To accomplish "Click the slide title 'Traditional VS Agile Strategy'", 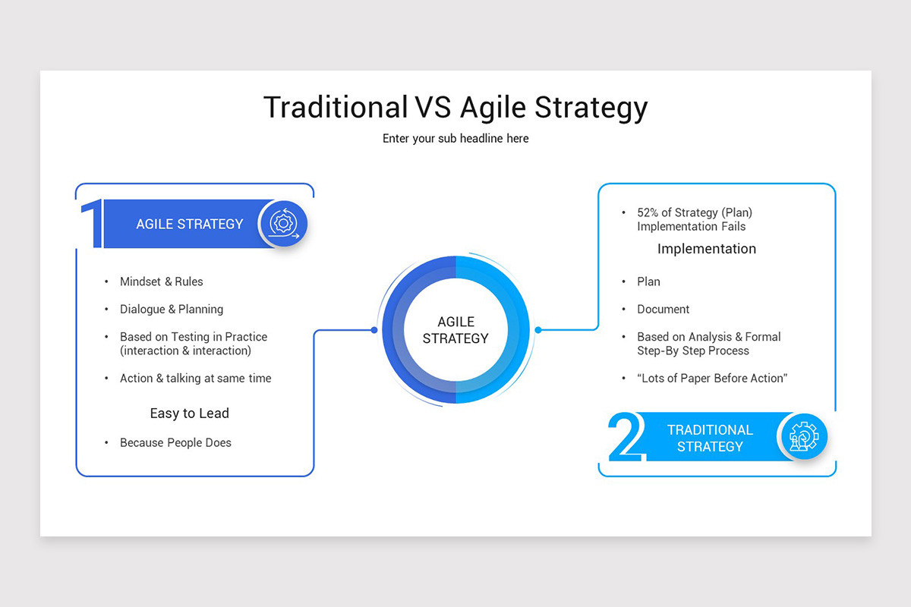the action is pos(455,108).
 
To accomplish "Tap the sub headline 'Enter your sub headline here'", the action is pos(455,139).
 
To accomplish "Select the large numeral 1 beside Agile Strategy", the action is pos(92,223).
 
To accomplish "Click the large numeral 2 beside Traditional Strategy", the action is pos(626,436).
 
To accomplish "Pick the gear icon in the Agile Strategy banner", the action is pos(284,223).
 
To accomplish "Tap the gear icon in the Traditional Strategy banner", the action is pos(804,436).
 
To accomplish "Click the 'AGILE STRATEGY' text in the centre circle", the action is pos(455,330).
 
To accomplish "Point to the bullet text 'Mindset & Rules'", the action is pos(162,281).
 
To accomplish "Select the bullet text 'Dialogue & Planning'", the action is pos(172,310).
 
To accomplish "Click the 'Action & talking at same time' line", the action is pos(196,379).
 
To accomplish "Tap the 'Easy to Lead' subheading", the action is pos(190,414).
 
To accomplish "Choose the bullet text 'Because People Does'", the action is pos(175,443).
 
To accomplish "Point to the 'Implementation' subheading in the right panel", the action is pos(707,249).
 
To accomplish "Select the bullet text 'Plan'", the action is pos(648,281).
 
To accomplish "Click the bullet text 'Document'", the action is pos(664,310).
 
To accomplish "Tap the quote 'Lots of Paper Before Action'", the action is pos(712,379).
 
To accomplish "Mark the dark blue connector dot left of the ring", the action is pos(374,330).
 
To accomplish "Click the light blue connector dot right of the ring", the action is pos(538,330).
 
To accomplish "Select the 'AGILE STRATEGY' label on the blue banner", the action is pos(190,224).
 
